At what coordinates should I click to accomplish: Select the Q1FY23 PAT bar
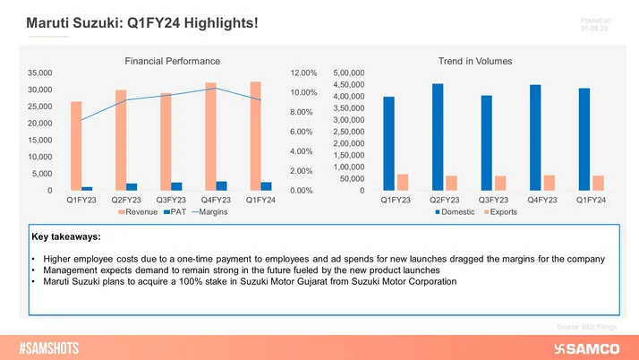(x=87, y=188)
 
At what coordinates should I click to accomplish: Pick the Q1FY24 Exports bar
(x=598, y=183)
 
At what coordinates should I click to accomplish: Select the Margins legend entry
(x=209, y=212)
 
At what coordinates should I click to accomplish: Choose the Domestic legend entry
(x=456, y=212)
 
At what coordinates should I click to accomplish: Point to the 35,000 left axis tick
(x=39, y=73)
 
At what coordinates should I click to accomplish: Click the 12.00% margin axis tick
(x=304, y=73)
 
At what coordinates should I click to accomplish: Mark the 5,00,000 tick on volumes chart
(x=350, y=73)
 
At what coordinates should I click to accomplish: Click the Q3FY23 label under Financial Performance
(x=171, y=200)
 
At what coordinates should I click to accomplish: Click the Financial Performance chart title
(x=172, y=61)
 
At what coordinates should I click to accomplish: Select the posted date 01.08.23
(x=594, y=28)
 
